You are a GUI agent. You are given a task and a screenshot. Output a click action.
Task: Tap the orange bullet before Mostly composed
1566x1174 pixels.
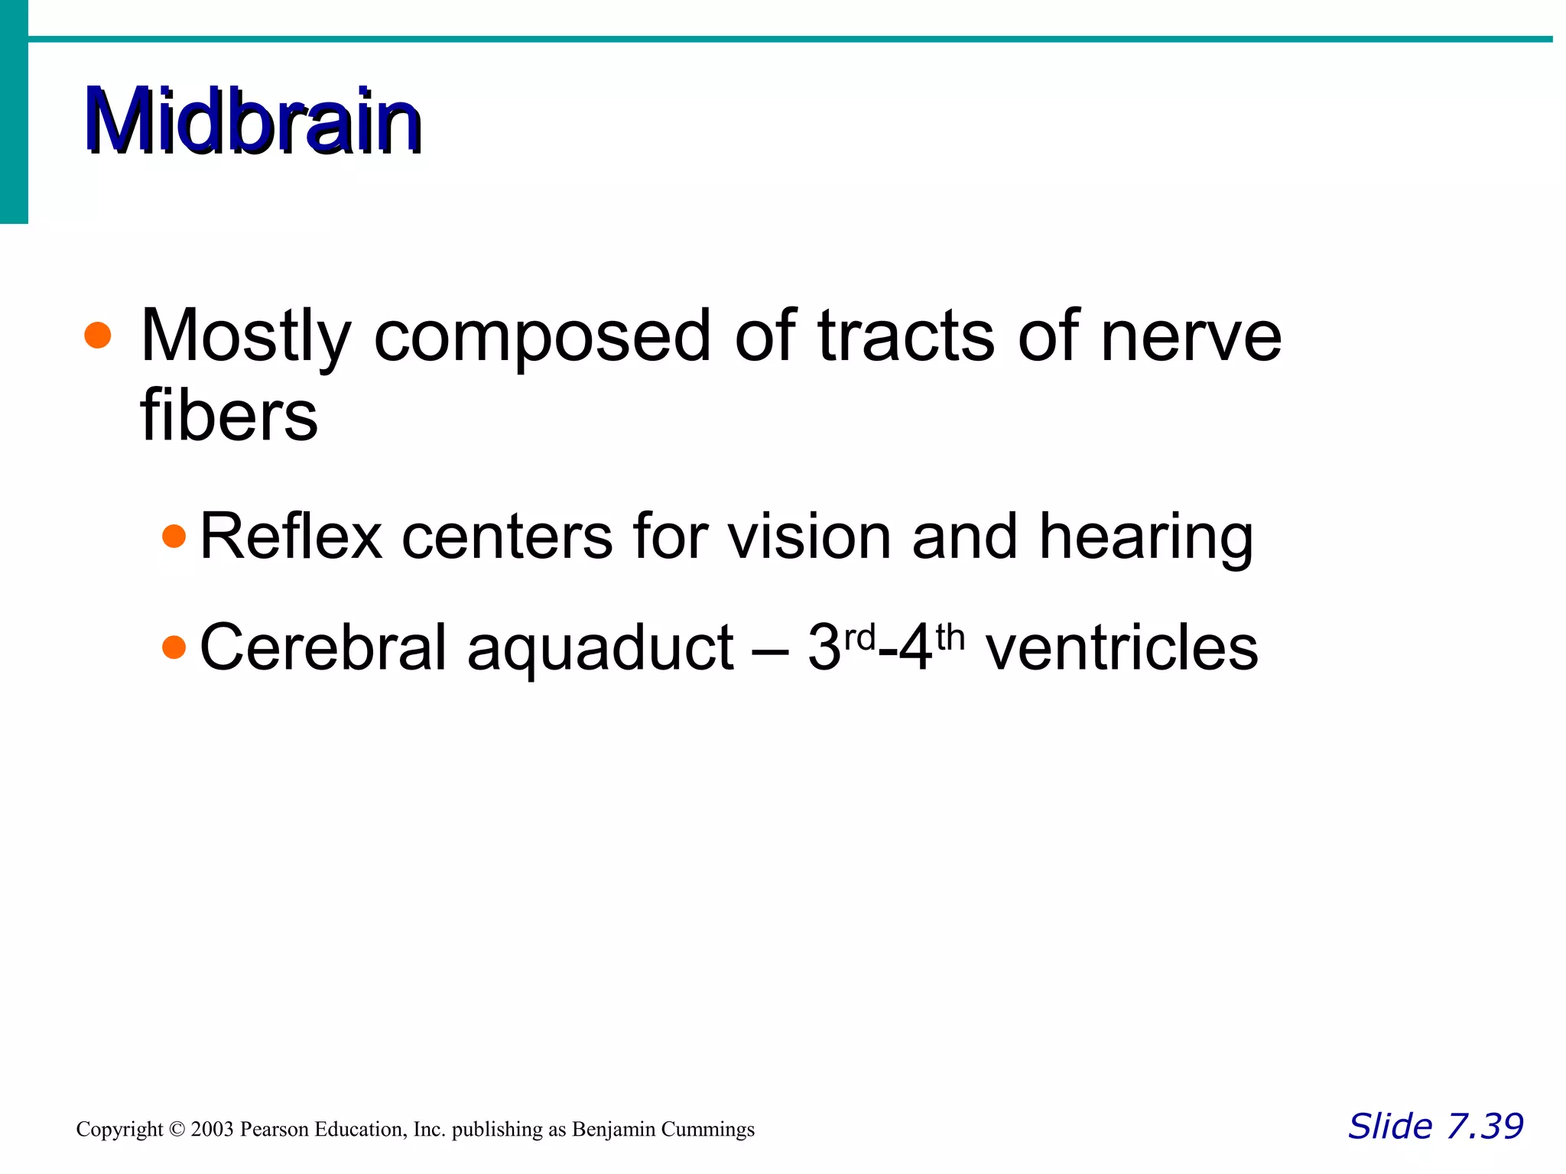coord(98,335)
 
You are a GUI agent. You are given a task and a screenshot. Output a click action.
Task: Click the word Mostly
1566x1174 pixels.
coord(245,336)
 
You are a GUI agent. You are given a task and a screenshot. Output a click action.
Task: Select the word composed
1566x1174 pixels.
coord(542,336)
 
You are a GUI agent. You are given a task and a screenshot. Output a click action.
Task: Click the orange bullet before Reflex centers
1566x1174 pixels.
coord(174,536)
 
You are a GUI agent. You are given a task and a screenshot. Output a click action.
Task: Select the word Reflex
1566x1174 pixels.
coord(291,537)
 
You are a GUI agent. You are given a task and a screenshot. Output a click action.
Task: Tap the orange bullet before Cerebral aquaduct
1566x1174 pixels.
coord(174,647)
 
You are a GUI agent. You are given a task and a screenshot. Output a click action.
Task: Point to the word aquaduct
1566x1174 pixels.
coord(601,649)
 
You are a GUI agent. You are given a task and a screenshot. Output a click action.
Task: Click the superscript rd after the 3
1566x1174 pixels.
coord(859,636)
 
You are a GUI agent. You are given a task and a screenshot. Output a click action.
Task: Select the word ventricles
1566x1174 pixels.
coord(1122,647)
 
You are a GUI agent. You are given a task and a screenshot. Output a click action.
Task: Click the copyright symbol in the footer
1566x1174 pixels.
coord(177,1130)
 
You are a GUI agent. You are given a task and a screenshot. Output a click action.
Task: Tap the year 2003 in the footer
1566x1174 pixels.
coord(213,1130)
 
